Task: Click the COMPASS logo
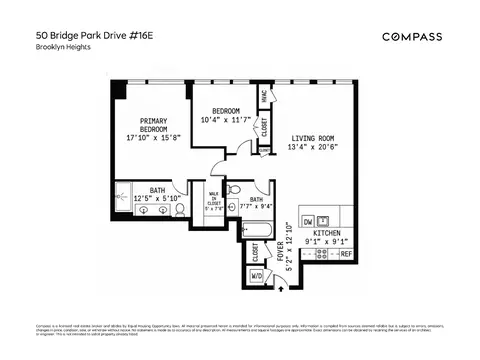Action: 416,37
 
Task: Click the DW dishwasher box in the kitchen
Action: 308,221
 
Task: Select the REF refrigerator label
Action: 346,255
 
